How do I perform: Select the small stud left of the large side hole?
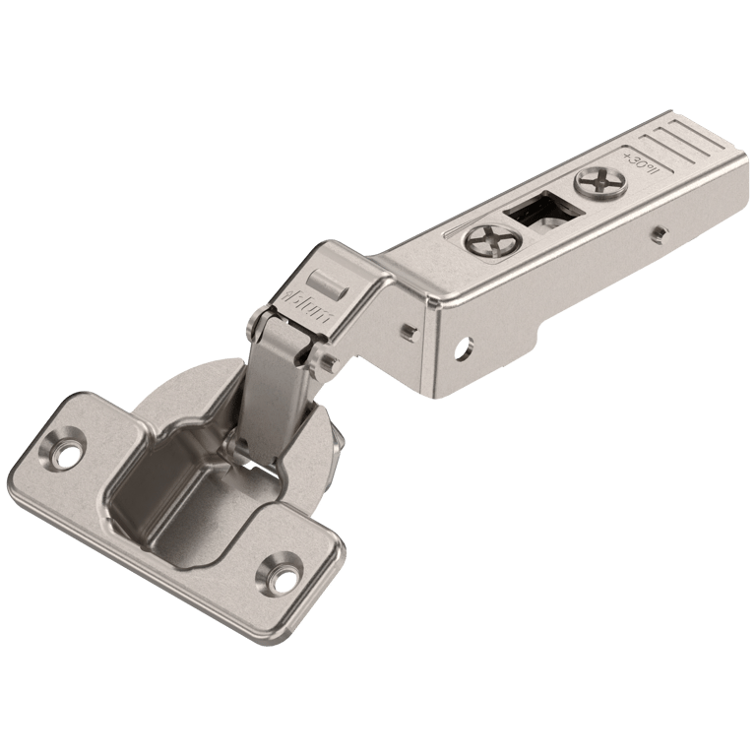(x=407, y=333)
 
